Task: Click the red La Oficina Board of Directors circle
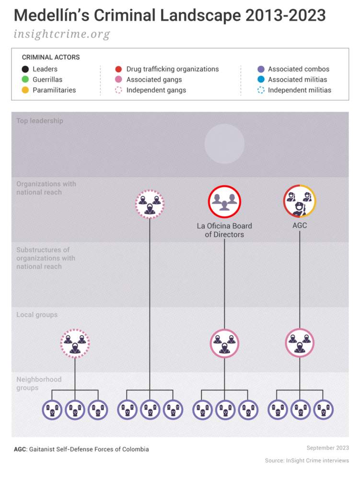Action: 224,202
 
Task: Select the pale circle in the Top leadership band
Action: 224,144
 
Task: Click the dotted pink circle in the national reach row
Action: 150,204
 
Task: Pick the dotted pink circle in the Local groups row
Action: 75,343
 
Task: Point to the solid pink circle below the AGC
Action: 300,343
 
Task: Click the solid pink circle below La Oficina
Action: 224,343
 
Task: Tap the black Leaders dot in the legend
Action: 24,69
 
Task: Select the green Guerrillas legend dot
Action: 24,80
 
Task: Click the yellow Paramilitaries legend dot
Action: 24,90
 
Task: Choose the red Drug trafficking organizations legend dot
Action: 118,69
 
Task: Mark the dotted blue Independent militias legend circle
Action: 260,90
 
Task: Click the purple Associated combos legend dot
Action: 260,69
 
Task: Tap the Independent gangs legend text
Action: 156,90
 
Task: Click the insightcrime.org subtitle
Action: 62,35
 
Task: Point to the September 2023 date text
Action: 327,447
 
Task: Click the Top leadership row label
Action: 40,121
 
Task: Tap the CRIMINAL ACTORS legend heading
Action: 51,57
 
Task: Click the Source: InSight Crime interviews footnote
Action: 307,460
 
